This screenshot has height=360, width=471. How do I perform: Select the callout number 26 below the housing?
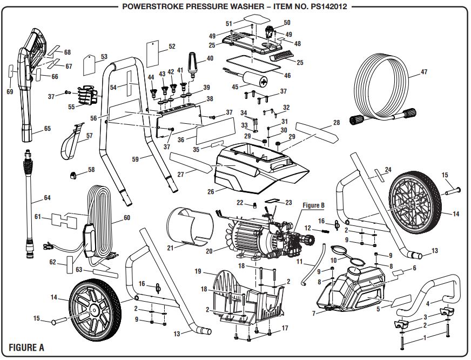pos(211,191)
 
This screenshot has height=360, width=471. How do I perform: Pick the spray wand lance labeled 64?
pos(27,205)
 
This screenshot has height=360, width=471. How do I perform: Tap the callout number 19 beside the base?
pos(198,271)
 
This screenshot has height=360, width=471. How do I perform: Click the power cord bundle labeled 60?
pos(100,222)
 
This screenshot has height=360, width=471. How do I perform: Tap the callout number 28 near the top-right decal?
pos(337,123)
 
